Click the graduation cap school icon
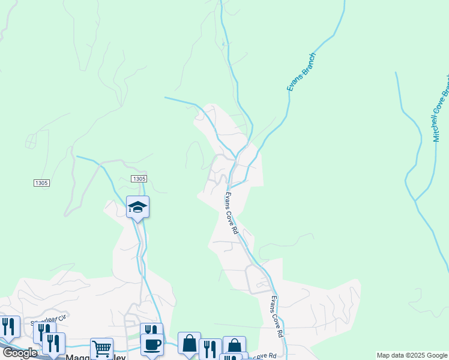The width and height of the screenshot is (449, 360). [x=137, y=207]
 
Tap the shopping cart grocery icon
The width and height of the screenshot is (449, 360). [x=101, y=348]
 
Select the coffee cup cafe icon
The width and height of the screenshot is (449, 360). [x=151, y=344]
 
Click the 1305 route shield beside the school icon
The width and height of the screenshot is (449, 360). [x=139, y=179]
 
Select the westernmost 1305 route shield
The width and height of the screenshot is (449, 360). [x=41, y=182]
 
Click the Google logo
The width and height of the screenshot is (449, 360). [x=19, y=353]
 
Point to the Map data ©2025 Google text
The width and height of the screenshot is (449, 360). [x=412, y=355]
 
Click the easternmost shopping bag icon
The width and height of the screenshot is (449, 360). [x=234, y=346]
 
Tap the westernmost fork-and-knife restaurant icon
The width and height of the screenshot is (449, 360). [x=9, y=326]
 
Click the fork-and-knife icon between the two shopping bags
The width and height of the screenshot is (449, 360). [x=210, y=349]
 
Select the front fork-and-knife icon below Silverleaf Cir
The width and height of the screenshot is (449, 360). [x=54, y=343]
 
